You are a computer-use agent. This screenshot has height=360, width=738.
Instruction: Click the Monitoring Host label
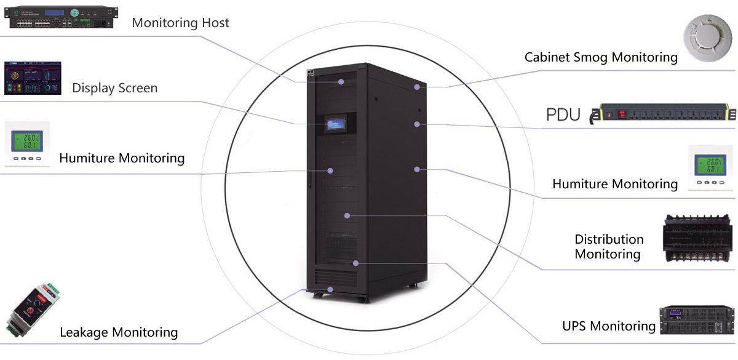(x=180, y=23)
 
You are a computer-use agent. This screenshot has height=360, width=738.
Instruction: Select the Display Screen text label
(x=114, y=88)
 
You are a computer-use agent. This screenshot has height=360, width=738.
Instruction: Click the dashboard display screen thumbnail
(x=34, y=78)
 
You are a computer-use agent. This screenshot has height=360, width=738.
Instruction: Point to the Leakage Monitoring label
(x=119, y=333)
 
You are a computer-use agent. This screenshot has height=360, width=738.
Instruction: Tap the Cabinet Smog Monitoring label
(x=601, y=57)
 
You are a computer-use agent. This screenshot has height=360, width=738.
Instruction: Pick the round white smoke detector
(x=710, y=41)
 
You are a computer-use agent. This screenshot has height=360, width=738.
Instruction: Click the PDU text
(x=563, y=114)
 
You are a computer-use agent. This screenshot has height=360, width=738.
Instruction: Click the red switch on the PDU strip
(x=621, y=114)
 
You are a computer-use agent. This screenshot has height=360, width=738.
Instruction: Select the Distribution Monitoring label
(x=609, y=246)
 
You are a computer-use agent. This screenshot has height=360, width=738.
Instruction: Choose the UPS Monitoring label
(x=608, y=326)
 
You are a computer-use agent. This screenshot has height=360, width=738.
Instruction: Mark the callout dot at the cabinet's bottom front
(x=331, y=289)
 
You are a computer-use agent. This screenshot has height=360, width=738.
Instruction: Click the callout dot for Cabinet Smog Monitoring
(x=416, y=87)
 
